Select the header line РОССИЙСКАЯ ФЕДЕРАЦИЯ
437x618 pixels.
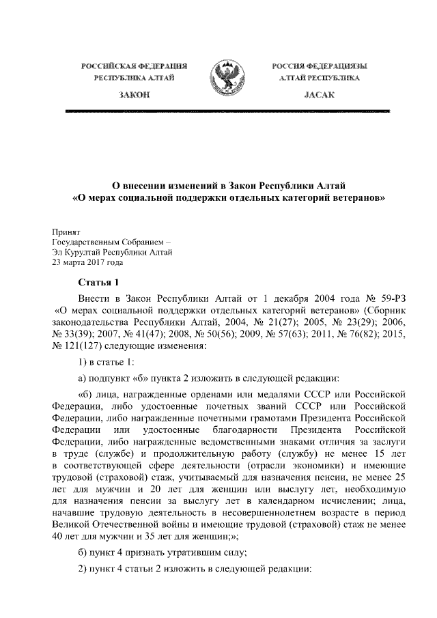(135, 66)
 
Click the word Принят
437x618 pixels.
(68, 231)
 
